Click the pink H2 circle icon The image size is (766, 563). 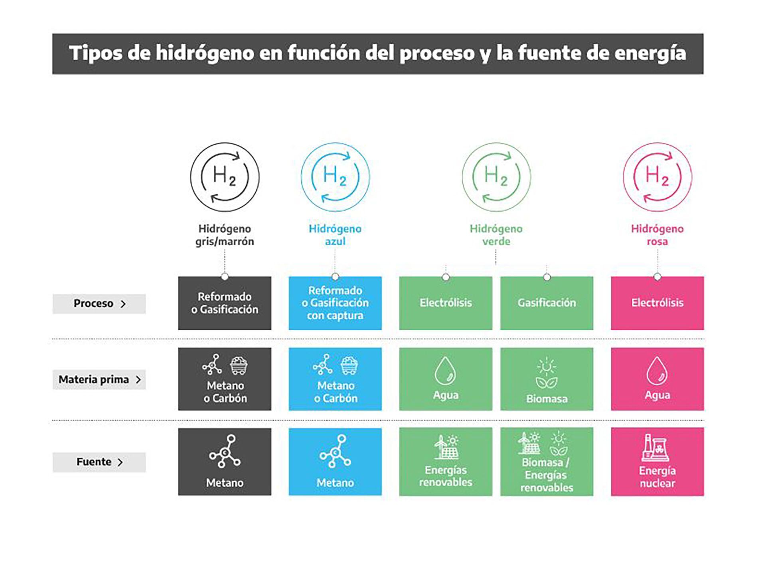[657, 177]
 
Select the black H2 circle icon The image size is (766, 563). [225, 177]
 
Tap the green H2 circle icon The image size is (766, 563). [496, 177]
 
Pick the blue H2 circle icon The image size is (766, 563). [335, 177]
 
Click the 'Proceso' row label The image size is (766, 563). [99, 303]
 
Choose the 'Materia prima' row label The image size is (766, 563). [99, 379]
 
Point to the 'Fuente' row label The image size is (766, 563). [99, 462]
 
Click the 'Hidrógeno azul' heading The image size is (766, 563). [335, 235]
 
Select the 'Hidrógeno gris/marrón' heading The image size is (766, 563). [225, 235]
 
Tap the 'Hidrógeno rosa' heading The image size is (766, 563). [657, 235]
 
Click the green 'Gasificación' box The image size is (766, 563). [547, 303]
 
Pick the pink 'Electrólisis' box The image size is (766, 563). [657, 303]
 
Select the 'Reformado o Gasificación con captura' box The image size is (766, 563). [335, 303]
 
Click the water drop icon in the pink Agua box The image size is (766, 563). [657, 371]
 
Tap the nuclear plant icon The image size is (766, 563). [655, 448]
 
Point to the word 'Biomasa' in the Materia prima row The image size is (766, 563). [547, 398]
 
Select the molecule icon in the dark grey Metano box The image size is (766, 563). [225, 451]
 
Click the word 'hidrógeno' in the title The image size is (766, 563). [205, 53]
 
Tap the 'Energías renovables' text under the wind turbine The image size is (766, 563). [446, 476]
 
